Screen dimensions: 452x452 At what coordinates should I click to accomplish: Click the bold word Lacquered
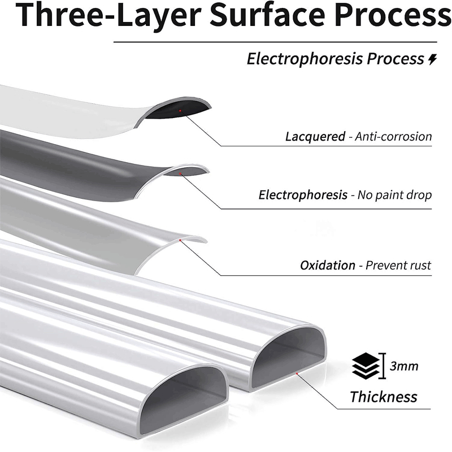click(x=315, y=136)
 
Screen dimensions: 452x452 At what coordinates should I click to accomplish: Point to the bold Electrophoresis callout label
click(x=303, y=195)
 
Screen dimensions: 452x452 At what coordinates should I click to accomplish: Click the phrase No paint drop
click(x=395, y=195)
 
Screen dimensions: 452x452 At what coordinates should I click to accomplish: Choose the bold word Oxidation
click(x=328, y=265)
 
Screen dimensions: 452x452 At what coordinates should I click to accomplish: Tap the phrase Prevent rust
click(x=398, y=265)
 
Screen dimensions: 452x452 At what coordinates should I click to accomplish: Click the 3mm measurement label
click(x=404, y=366)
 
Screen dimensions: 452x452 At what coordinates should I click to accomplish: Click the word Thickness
click(x=384, y=396)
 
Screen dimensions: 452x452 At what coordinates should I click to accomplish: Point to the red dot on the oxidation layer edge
click(x=180, y=241)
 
